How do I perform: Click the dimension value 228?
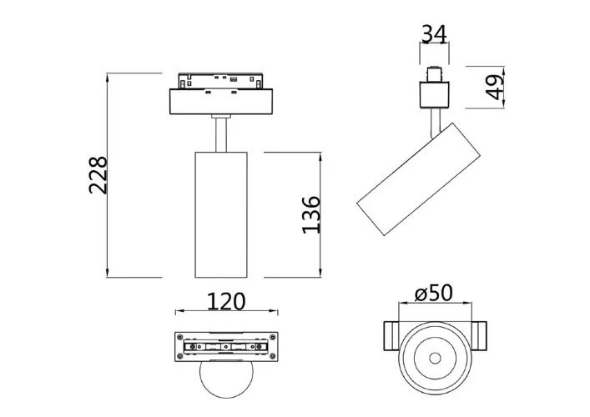tap(98, 175)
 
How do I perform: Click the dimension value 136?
tap(310, 214)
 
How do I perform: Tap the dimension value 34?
tap(433, 34)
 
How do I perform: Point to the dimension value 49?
tap(495, 87)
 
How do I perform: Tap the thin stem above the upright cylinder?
tap(221, 134)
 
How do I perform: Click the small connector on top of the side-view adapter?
tap(433, 73)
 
